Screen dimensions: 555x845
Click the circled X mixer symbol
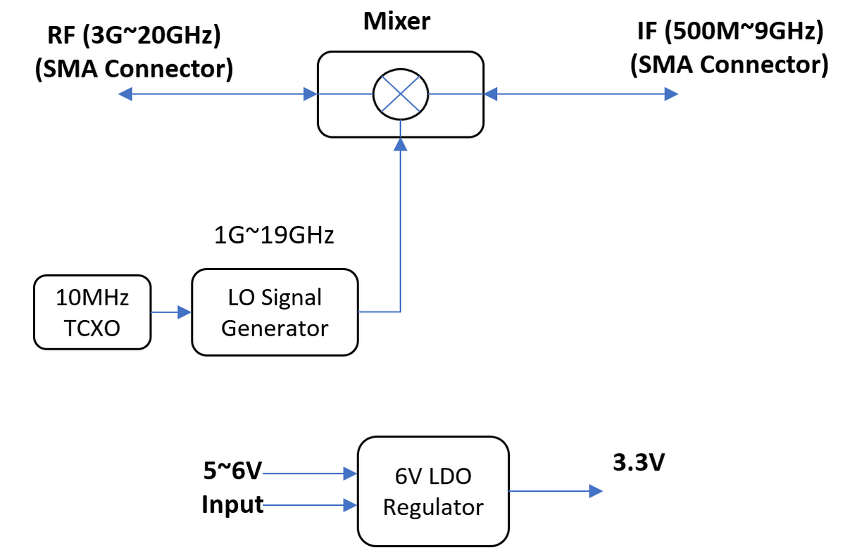(400, 94)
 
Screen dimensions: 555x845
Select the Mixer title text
(396, 22)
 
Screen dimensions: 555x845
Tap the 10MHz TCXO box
(92, 312)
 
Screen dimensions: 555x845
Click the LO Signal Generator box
(275, 312)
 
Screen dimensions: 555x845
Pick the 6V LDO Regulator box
(433, 491)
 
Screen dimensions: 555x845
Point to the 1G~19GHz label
(274, 236)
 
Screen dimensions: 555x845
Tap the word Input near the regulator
(232, 504)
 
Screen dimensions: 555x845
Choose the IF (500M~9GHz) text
(729, 32)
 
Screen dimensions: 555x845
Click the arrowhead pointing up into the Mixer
(400, 144)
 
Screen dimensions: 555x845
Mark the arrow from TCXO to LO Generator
(171, 312)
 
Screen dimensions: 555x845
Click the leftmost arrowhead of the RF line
(125, 94)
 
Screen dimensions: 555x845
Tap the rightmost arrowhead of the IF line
(672, 94)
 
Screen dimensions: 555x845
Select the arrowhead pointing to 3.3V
(596, 491)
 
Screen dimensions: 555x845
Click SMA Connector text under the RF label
(134, 68)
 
